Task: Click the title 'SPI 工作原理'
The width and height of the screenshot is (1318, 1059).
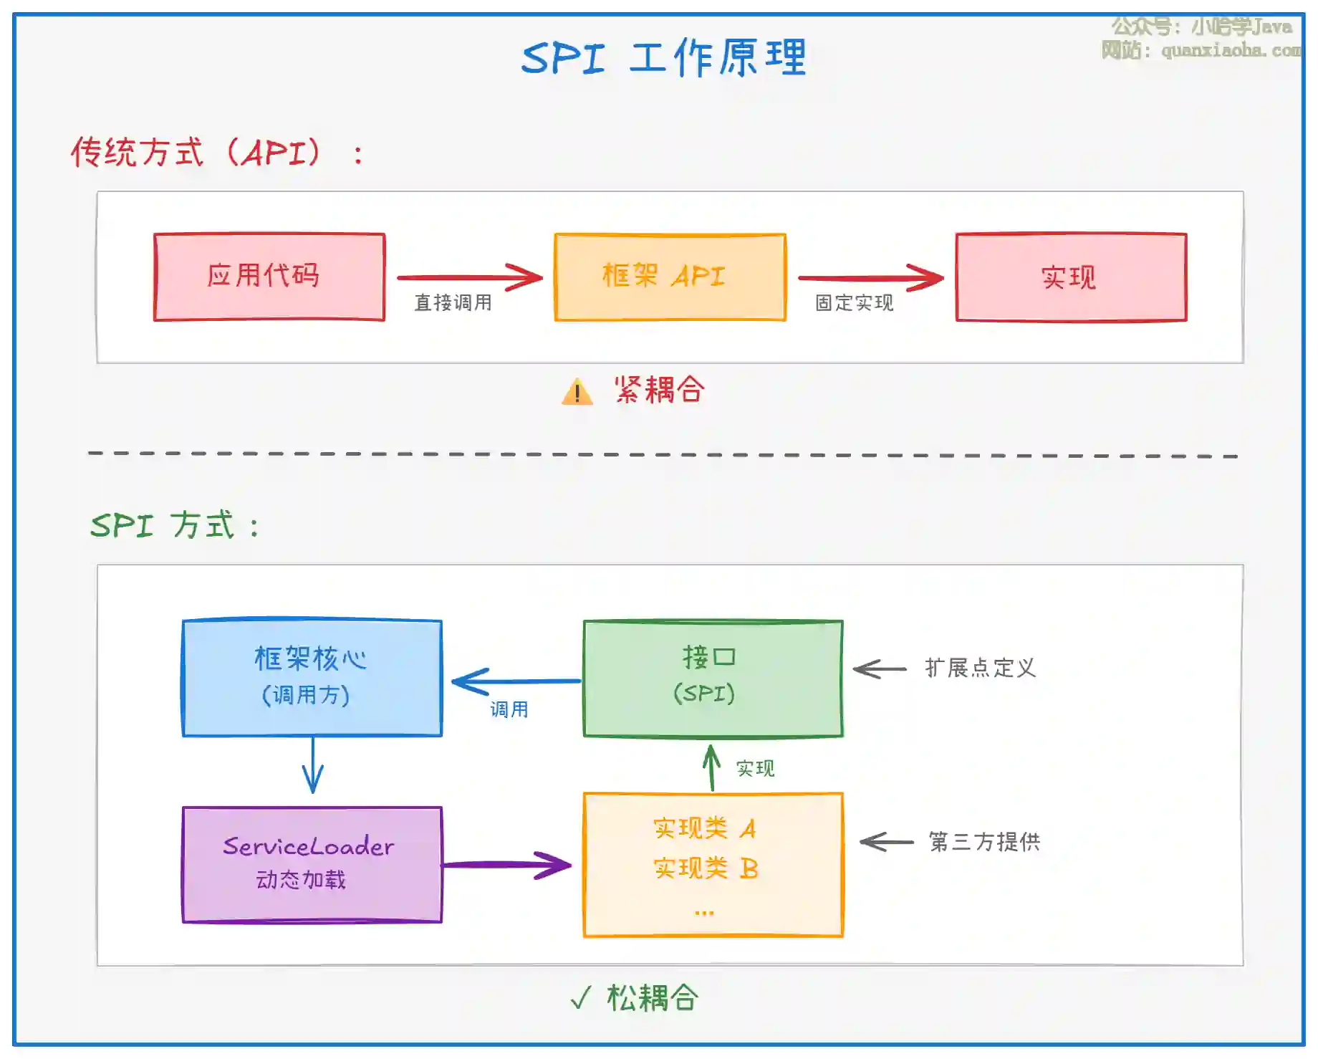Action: pos(663,57)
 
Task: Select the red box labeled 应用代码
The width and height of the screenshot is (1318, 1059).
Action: pos(269,277)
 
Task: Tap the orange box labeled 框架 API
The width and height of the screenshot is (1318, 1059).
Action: pos(670,277)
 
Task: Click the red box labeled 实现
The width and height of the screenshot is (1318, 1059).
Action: pos(1071,277)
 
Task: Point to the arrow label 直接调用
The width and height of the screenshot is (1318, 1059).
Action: pos(453,303)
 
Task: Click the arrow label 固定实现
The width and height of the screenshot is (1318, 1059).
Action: pos(854,303)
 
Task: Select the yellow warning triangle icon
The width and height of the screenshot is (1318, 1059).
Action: pos(577,393)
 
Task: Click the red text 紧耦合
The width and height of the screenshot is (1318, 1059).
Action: pos(659,390)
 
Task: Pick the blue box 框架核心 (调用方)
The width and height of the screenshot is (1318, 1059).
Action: pos(312,677)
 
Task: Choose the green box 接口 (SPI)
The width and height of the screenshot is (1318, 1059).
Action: pos(713,678)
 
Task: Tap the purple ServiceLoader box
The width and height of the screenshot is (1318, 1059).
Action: pos(312,864)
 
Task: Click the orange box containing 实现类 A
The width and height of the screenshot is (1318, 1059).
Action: pos(713,864)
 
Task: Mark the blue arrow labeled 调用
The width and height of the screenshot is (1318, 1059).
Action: pos(516,681)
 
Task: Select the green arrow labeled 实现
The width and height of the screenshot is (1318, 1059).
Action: pos(711,767)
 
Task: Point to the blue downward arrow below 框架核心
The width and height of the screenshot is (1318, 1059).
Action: pos(313,765)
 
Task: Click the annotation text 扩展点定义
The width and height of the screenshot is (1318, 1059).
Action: pos(980,669)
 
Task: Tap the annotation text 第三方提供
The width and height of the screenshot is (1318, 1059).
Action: pos(984,842)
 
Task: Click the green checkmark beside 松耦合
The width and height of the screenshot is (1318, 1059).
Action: pos(581,997)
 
